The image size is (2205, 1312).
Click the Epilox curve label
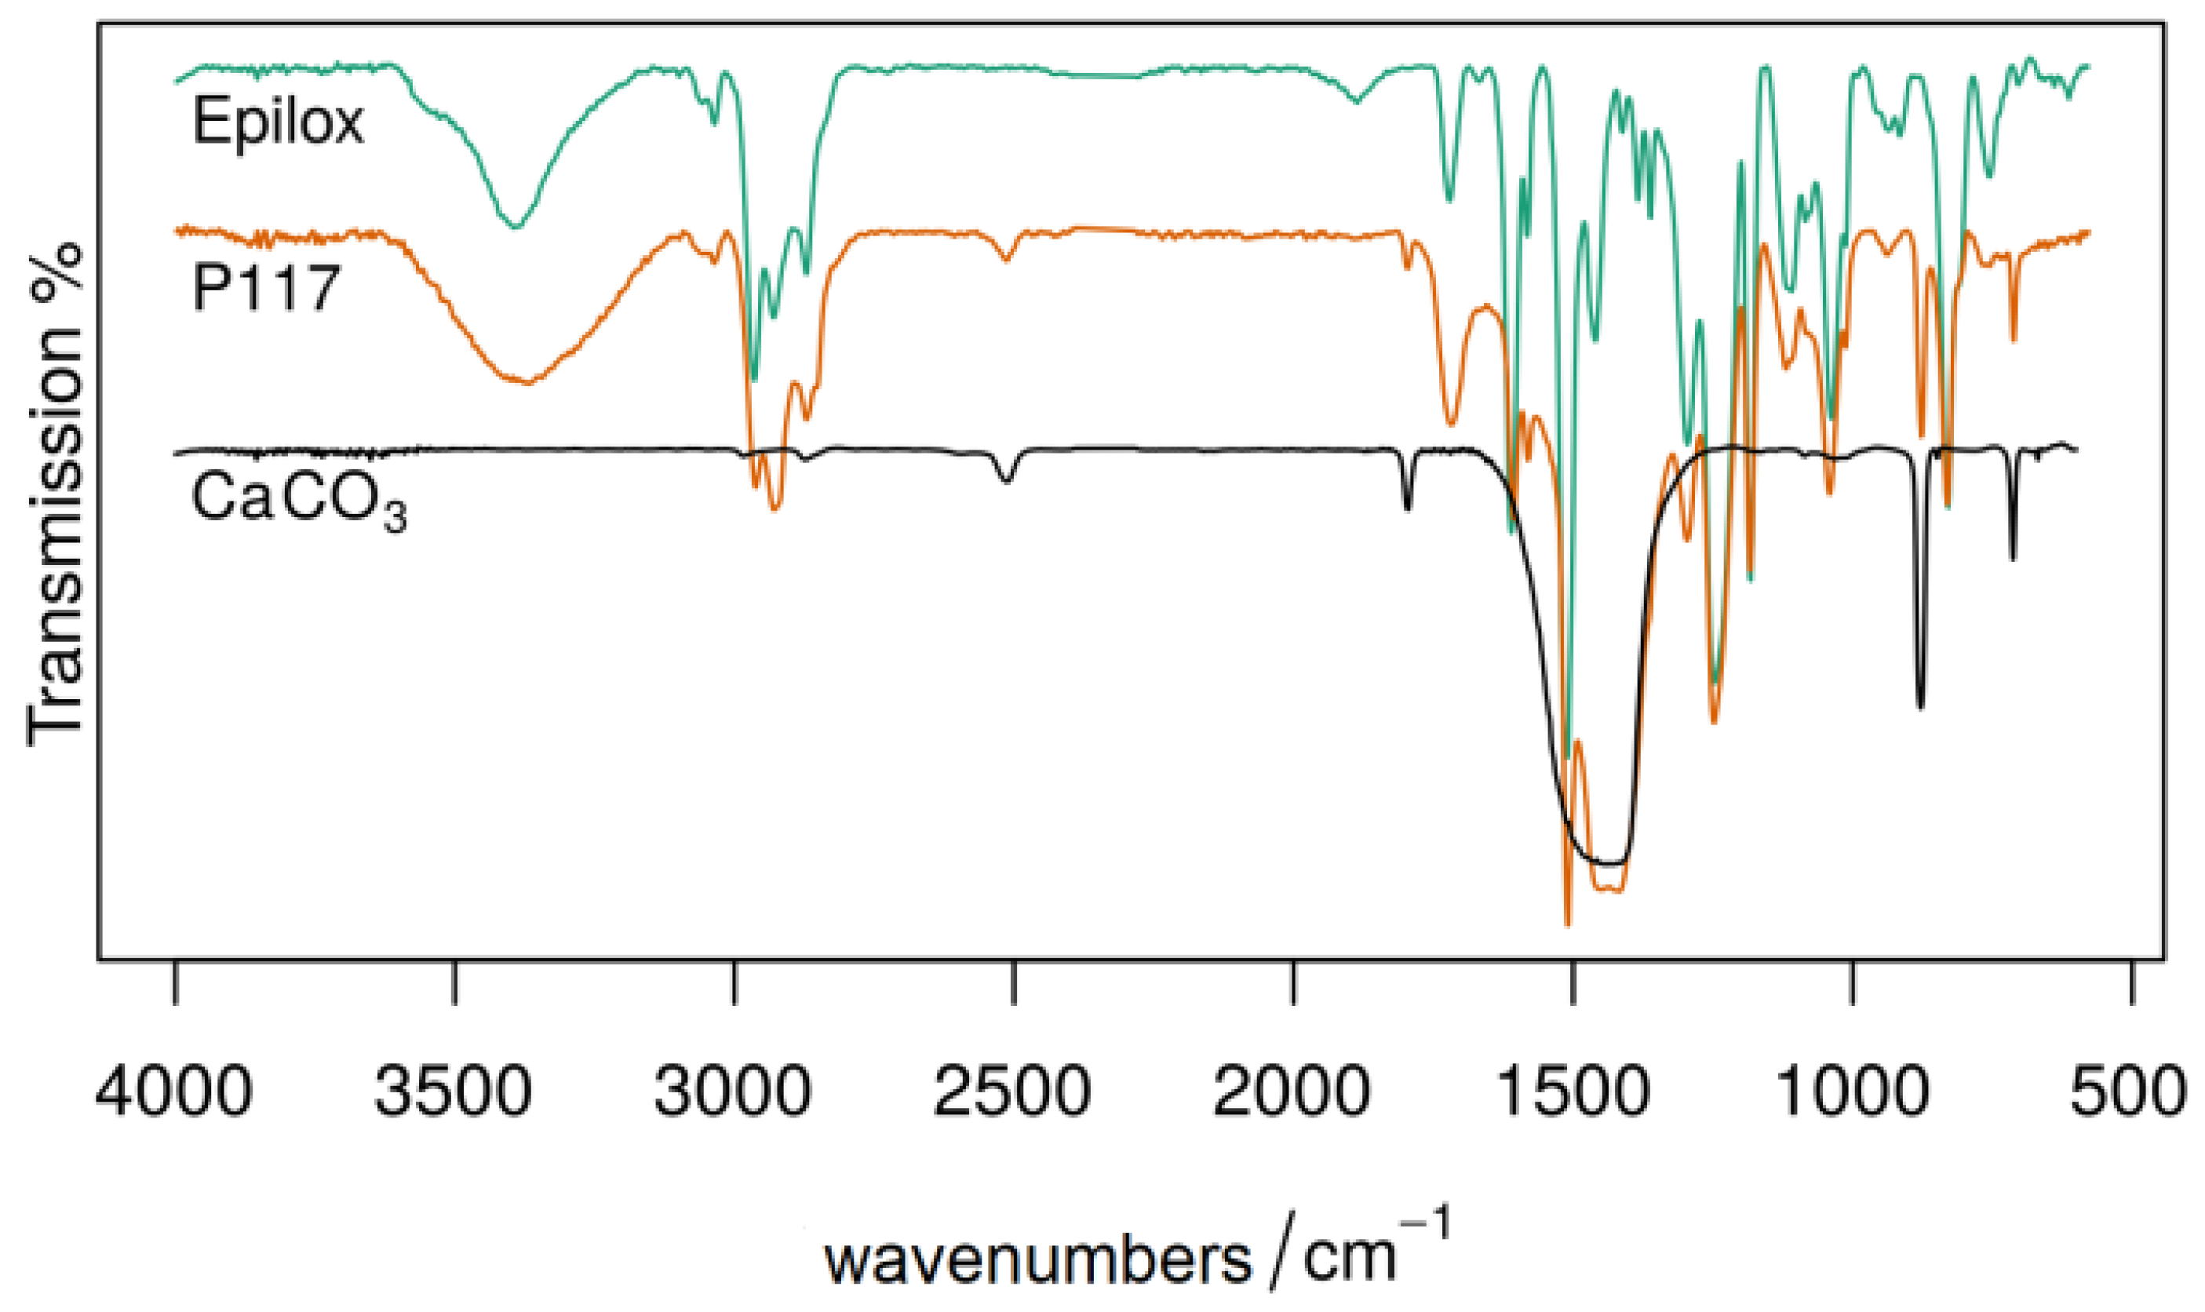(278, 121)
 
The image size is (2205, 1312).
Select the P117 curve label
(266, 287)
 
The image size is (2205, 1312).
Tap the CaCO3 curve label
(298, 501)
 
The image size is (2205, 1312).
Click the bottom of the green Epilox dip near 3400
(516, 226)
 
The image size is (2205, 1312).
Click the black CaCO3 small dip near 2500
(1006, 481)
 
